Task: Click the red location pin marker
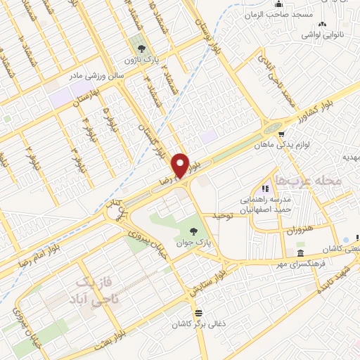181,165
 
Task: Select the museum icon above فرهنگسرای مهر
301,253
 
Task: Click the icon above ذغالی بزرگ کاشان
198,314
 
